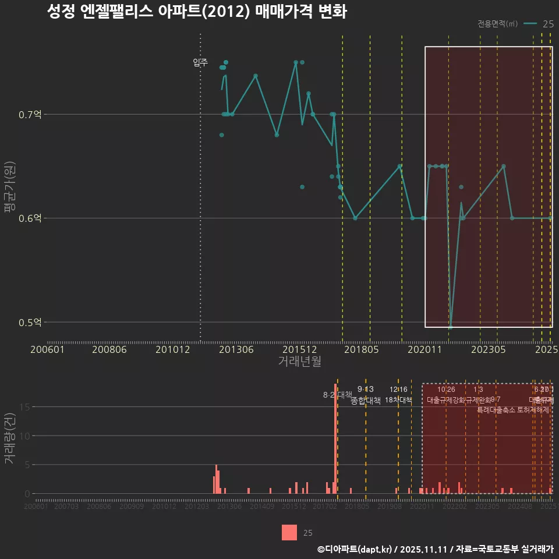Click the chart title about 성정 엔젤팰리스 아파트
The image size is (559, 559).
(197, 12)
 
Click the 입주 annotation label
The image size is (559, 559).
(200, 62)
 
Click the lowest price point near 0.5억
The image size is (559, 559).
(450, 327)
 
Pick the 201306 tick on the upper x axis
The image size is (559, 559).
(236, 349)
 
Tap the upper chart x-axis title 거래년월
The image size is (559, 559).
(299, 362)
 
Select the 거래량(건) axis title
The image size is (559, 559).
(9, 439)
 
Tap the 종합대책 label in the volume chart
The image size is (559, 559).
(366, 401)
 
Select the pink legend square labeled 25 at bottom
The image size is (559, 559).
(289, 532)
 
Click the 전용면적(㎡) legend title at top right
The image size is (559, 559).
(497, 24)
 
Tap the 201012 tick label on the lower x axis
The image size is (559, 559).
(164, 507)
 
